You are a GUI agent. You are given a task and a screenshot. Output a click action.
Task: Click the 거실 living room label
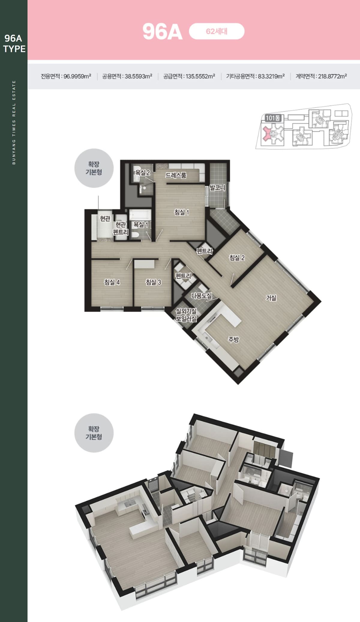pyautogui.click(x=271, y=298)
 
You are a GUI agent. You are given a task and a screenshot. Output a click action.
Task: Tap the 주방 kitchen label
pyautogui.click(x=233, y=339)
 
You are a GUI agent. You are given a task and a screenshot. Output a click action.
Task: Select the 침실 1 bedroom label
pyautogui.click(x=181, y=212)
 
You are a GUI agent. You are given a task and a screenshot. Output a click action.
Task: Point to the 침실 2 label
pyautogui.click(x=237, y=257)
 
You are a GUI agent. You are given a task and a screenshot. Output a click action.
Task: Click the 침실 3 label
pyautogui.click(x=153, y=282)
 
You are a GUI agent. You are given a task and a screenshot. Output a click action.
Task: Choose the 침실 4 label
pyautogui.click(x=112, y=282)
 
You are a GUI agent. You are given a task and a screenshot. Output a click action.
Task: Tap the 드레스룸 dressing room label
pyautogui.click(x=176, y=175)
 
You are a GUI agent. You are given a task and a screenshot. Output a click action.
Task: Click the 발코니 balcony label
pyautogui.click(x=217, y=188)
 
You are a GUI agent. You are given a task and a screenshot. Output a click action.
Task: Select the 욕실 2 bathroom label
pyautogui.click(x=142, y=173)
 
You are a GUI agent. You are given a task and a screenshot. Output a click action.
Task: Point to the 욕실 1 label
pyautogui.click(x=141, y=224)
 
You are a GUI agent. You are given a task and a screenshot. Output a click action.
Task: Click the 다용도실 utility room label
pyautogui.click(x=202, y=296)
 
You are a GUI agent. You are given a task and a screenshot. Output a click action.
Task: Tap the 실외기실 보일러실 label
pyautogui.click(x=186, y=315)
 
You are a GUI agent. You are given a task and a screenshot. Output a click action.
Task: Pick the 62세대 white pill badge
pyautogui.click(x=217, y=31)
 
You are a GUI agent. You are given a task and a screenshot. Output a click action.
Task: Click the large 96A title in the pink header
pyautogui.click(x=162, y=32)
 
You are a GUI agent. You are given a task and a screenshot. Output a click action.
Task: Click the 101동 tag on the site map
pyautogui.click(x=273, y=118)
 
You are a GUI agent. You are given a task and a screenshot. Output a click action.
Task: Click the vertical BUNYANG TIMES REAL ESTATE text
pyautogui.click(x=14, y=122)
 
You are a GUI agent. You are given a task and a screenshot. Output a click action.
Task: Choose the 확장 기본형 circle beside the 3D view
pyautogui.click(x=94, y=433)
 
